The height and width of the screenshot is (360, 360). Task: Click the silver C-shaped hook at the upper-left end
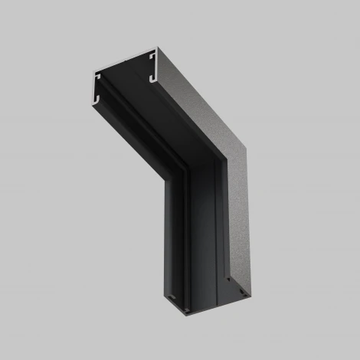97,86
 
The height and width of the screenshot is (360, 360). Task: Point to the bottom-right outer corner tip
247,293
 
